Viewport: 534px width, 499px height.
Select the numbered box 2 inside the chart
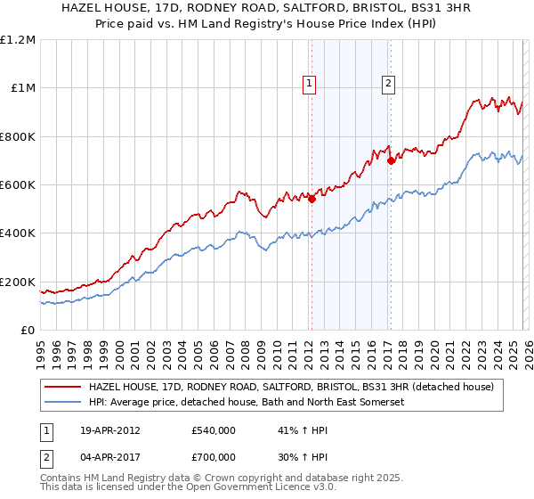(x=389, y=85)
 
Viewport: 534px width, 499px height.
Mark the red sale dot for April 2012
(x=311, y=200)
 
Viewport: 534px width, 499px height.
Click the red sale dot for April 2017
(x=390, y=161)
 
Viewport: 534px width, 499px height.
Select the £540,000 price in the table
(x=214, y=430)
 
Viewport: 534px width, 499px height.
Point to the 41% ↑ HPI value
(x=303, y=430)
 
